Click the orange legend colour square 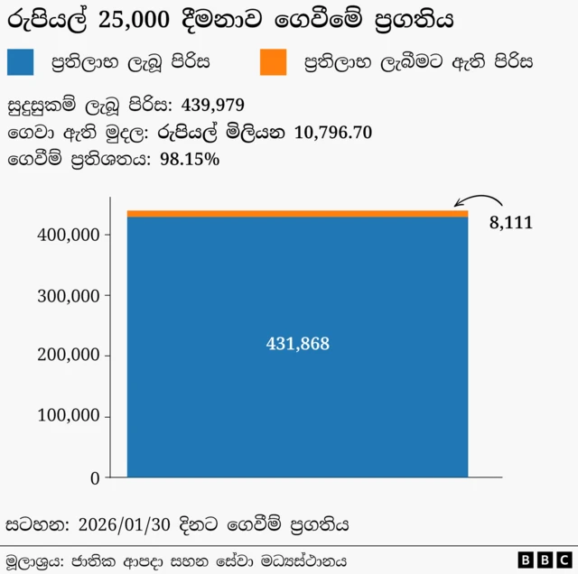coord(272,62)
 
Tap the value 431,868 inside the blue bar coord(297,344)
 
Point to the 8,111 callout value coord(511,223)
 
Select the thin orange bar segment coord(297,214)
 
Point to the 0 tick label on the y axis coord(95,477)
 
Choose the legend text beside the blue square coord(130,62)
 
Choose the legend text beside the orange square coord(418,62)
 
